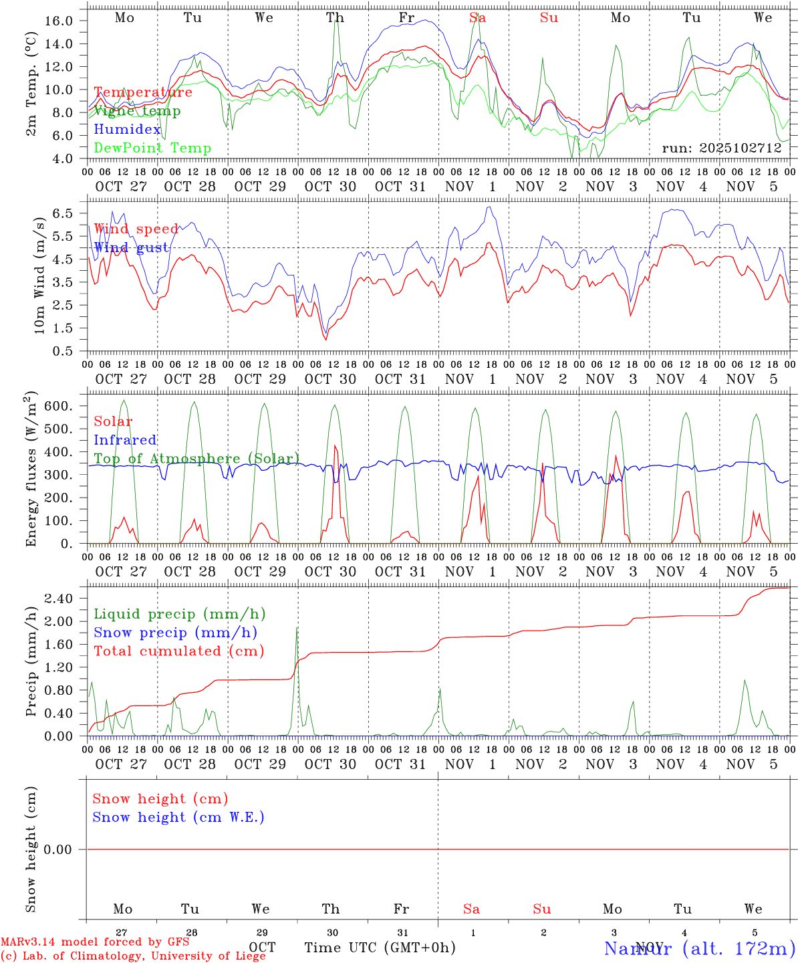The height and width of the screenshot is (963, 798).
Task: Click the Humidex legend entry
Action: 127,130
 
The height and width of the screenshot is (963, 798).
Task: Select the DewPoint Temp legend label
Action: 152,148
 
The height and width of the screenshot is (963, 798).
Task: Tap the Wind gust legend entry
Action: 131,247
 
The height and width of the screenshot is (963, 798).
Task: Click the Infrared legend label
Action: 125,440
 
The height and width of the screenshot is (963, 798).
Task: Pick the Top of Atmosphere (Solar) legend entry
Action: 196,459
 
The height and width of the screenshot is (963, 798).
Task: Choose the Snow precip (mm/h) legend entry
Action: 175,633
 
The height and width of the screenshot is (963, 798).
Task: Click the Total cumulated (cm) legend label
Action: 178,651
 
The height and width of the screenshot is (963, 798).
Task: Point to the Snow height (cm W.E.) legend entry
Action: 178,817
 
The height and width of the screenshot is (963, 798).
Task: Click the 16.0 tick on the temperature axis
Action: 59,21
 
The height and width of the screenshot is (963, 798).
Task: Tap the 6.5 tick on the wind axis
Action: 61,213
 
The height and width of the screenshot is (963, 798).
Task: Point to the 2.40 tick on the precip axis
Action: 59,599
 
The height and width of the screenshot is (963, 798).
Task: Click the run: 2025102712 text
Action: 722,148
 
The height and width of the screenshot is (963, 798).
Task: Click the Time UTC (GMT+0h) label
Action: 380,948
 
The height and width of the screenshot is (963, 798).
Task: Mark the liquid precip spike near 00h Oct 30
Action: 297,629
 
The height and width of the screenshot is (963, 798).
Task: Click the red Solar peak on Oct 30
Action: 334,446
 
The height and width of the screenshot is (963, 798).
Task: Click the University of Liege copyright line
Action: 133,956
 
